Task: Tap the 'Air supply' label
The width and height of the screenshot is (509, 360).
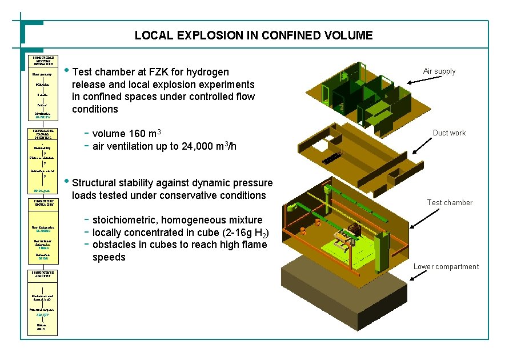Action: pyautogui.click(x=439, y=71)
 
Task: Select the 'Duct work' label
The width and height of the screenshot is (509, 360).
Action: pyautogui.click(x=449, y=133)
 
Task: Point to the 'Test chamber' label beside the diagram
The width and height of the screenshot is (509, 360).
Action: pyautogui.click(x=450, y=202)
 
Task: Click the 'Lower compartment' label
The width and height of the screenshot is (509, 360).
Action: pyautogui.click(x=446, y=267)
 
